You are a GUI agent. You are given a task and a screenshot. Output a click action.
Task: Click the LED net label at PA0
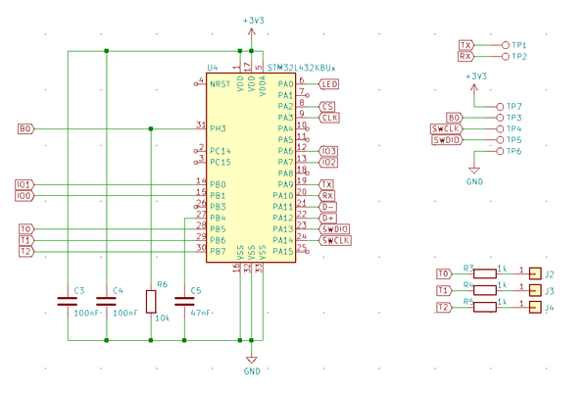click(329, 84)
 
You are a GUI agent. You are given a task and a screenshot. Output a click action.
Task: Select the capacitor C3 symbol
click(67, 303)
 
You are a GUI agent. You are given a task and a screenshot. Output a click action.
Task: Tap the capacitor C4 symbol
click(106, 303)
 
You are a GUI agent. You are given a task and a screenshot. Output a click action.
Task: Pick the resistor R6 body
click(151, 301)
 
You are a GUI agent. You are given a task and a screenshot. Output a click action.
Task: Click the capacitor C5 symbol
click(185, 303)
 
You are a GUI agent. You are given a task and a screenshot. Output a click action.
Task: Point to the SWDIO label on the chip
click(335, 229)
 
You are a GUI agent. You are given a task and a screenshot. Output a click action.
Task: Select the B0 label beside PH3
click(26, 128)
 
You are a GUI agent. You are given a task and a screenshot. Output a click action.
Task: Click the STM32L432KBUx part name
click(301, 68)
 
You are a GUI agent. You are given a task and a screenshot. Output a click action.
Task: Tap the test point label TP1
click(518, 45)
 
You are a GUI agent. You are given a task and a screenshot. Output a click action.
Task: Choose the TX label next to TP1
click(466, 45)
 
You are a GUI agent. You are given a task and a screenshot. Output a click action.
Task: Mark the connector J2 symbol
click(534, 274)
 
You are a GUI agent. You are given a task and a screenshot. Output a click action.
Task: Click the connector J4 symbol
click(534, 308)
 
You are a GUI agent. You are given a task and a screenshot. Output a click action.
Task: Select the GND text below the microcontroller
click(251, 372)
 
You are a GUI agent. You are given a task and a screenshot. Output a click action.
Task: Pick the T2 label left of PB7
click(26, 252)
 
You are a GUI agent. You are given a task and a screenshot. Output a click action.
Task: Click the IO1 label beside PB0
click(24, 184)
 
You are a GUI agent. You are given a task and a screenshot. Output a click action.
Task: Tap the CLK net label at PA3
click(329, 118)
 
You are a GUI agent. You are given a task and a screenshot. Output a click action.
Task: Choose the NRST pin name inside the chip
click(220, 84)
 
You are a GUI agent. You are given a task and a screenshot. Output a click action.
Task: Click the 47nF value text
click(202, 313)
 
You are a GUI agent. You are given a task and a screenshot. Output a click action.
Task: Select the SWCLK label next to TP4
click(446, 128)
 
